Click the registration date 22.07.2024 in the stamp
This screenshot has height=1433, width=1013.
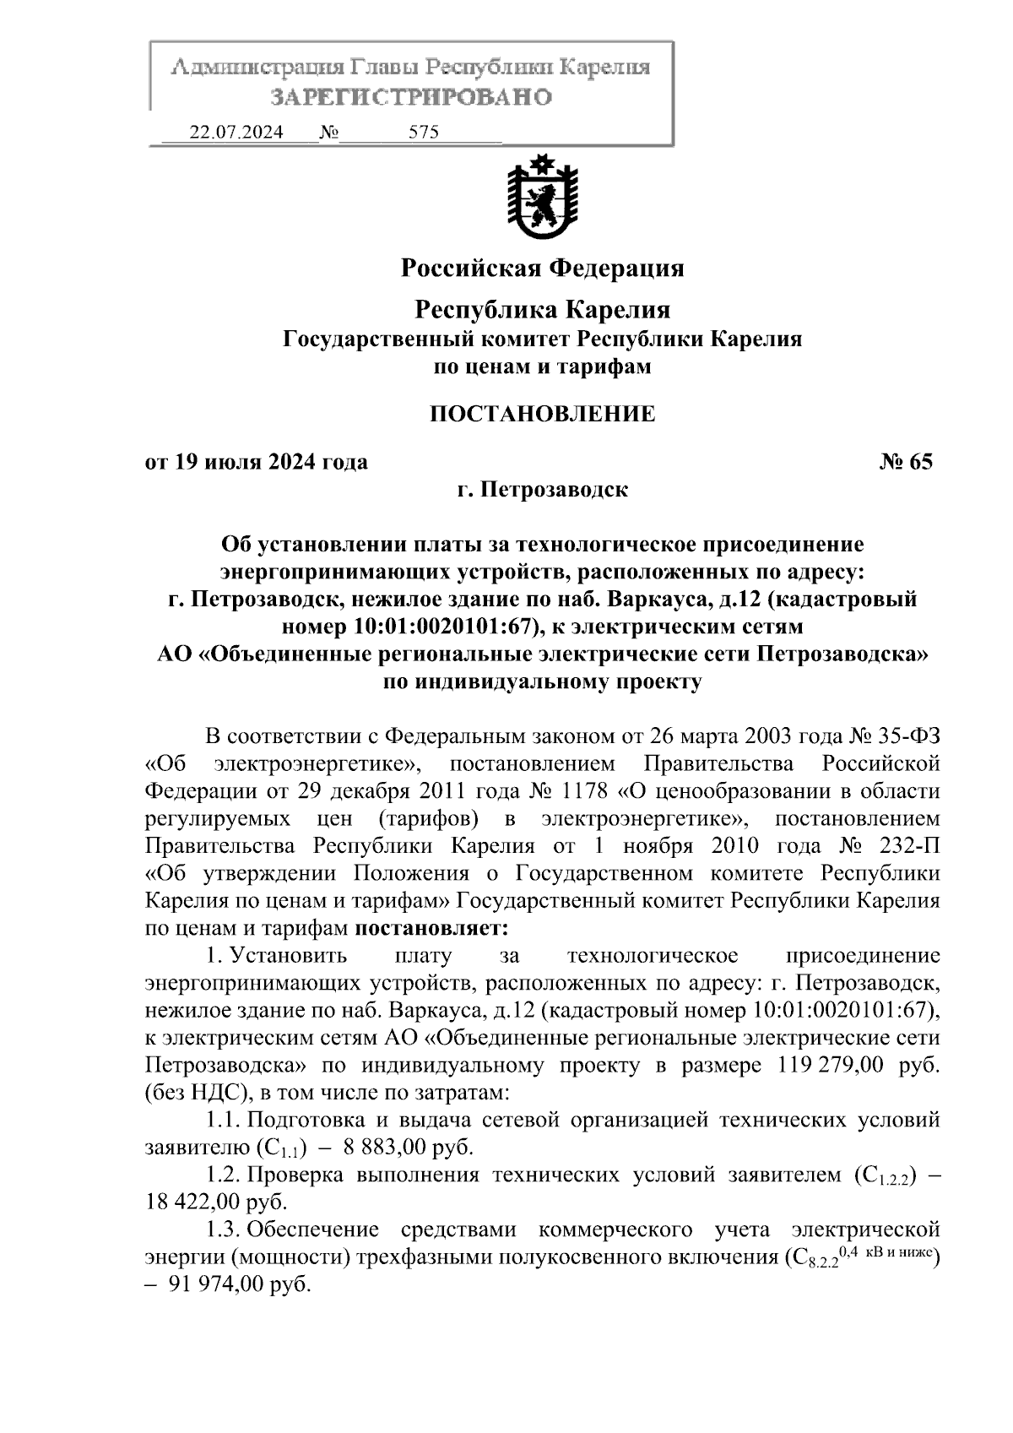point(236,133)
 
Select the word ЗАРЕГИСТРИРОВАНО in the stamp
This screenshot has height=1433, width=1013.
point(411,97)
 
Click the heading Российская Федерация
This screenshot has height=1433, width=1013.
point(542,269)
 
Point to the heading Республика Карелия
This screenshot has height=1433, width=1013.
point(542,310)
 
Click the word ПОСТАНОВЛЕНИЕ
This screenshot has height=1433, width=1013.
point(542,414)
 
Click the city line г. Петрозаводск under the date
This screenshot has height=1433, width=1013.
point(542,489)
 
